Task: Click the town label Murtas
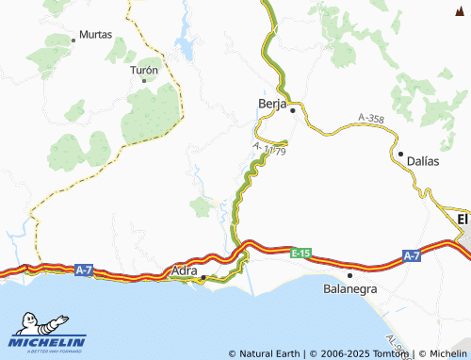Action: [x=96, y=34]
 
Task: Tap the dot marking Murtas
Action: [x=74, y=40]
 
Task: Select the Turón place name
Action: [x=144, y=70]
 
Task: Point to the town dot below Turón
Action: [x=144, y=80]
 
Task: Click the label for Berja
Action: [x=271, y=105]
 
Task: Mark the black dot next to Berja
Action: [x=293, y=110]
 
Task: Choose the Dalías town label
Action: [x=423, y=161]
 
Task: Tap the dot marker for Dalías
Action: [x=400, y=154]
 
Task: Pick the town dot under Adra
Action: [x=203, y=277]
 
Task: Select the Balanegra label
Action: [x=349, y=288]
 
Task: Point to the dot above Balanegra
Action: [x=349, y=275]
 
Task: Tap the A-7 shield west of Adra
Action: [x=83, y=270]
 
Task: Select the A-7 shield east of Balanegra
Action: [x=412, y=255]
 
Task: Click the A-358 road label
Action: [x=370, y=119]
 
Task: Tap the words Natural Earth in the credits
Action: [x=270, y=353]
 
